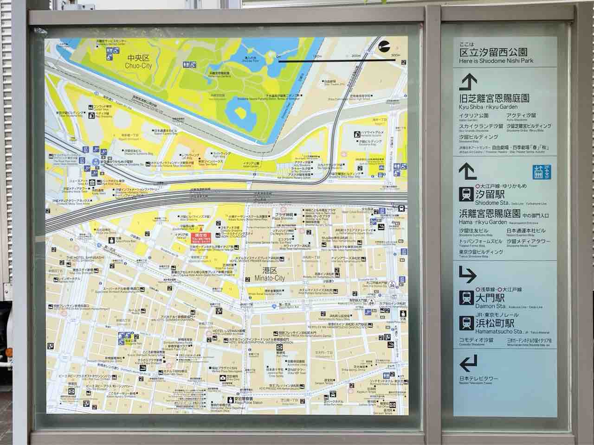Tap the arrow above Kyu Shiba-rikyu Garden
(x=468, y=83)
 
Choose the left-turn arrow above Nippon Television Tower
(x=468, y=362)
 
